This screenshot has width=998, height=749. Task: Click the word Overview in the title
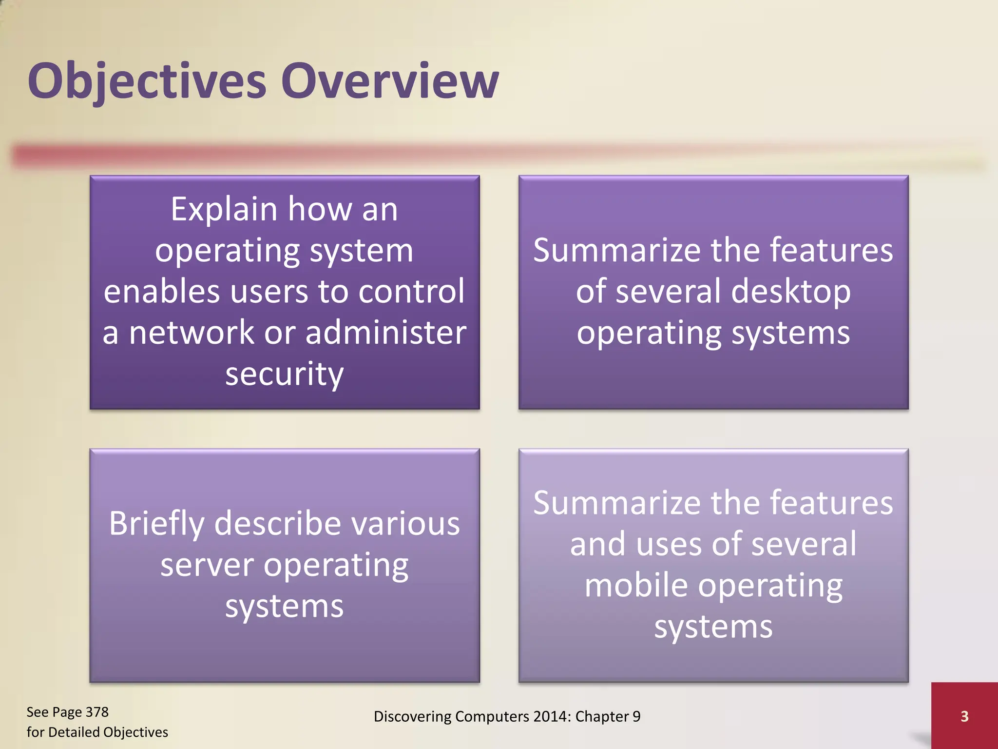[390, 81]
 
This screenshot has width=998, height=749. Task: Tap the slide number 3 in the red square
[964, 716]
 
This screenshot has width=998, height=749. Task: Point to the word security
[285, 374]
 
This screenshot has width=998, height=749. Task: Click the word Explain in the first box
[224, 210]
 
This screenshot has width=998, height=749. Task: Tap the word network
[192, 333]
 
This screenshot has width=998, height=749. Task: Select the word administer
[386, 333]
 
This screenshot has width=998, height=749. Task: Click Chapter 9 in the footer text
[608, 716]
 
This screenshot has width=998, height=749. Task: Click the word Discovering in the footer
[412, 716]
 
